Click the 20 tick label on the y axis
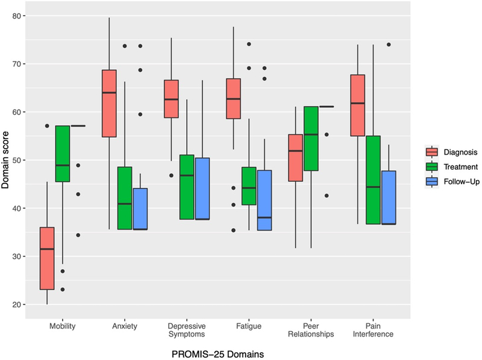[20, 305]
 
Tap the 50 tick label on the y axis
[20, 161]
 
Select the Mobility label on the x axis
[63, 326]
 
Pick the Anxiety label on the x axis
[125, 326]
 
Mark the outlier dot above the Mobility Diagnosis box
[46, 126]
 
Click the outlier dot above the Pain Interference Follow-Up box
[389, 45]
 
